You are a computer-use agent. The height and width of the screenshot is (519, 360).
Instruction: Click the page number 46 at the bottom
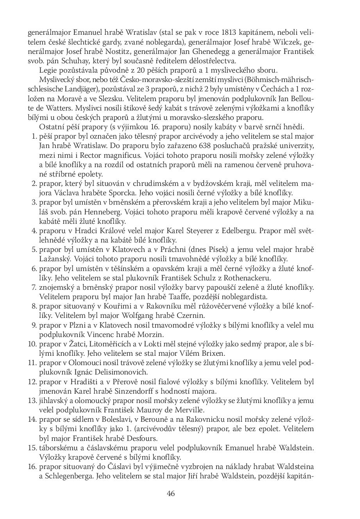coord(171,493)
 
